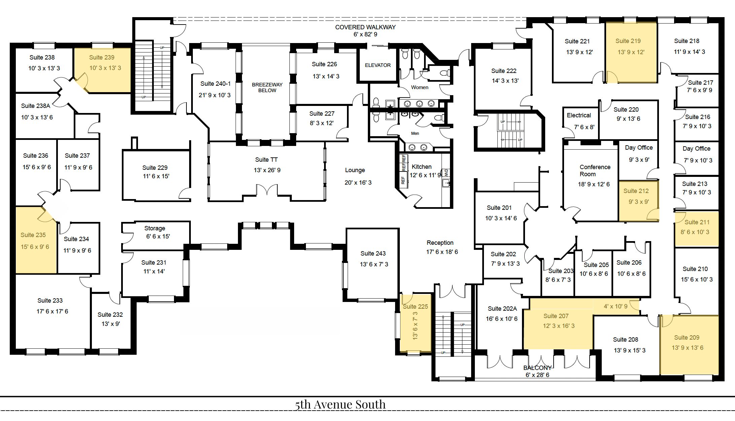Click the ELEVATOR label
pyautogui.click(x=378, y=65)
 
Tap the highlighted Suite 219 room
pyautogui.click(x=631, y=52)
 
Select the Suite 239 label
pyautogui.click(x=102, y=58)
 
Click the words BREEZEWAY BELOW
pyautogui.click(x=267, y=87)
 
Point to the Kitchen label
pyautogui.click(x=421, y=167)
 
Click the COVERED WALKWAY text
pyautogui.click(x=365, y=27)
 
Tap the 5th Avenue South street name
pyautogui.click(x=340, y=405)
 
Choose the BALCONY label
pyautogui.click(x=537, y=368)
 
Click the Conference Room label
pyautogui.click(x=595, y=170)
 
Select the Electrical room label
pyautogui.click(x=579, y=115)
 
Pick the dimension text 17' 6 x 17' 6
pyautogui.click(x=52, y=311)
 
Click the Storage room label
pyautogui.click(x=155, y=228)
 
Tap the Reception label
pyautogui.click(x=440, y=243)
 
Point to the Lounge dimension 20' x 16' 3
pyautogui.click(x=358, y=183)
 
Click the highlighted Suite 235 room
pyautogui.click(x=36, y=240)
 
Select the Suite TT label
pyautogui.click(x=266, y=160)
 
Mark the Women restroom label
pyautogui.click(x=420, y=87)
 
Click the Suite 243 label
pyautogui.click(x=373, y=254)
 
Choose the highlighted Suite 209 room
pyautogui.click(x=689, y=344)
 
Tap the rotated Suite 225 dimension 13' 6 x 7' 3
pyautogui.click(x=415, y=326)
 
